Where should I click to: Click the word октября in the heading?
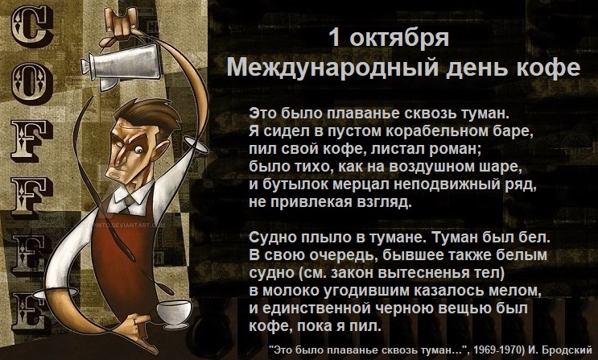[x=399, y=39]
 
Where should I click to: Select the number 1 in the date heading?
[x=334, y=37]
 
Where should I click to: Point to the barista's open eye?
[x=138, y=150]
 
